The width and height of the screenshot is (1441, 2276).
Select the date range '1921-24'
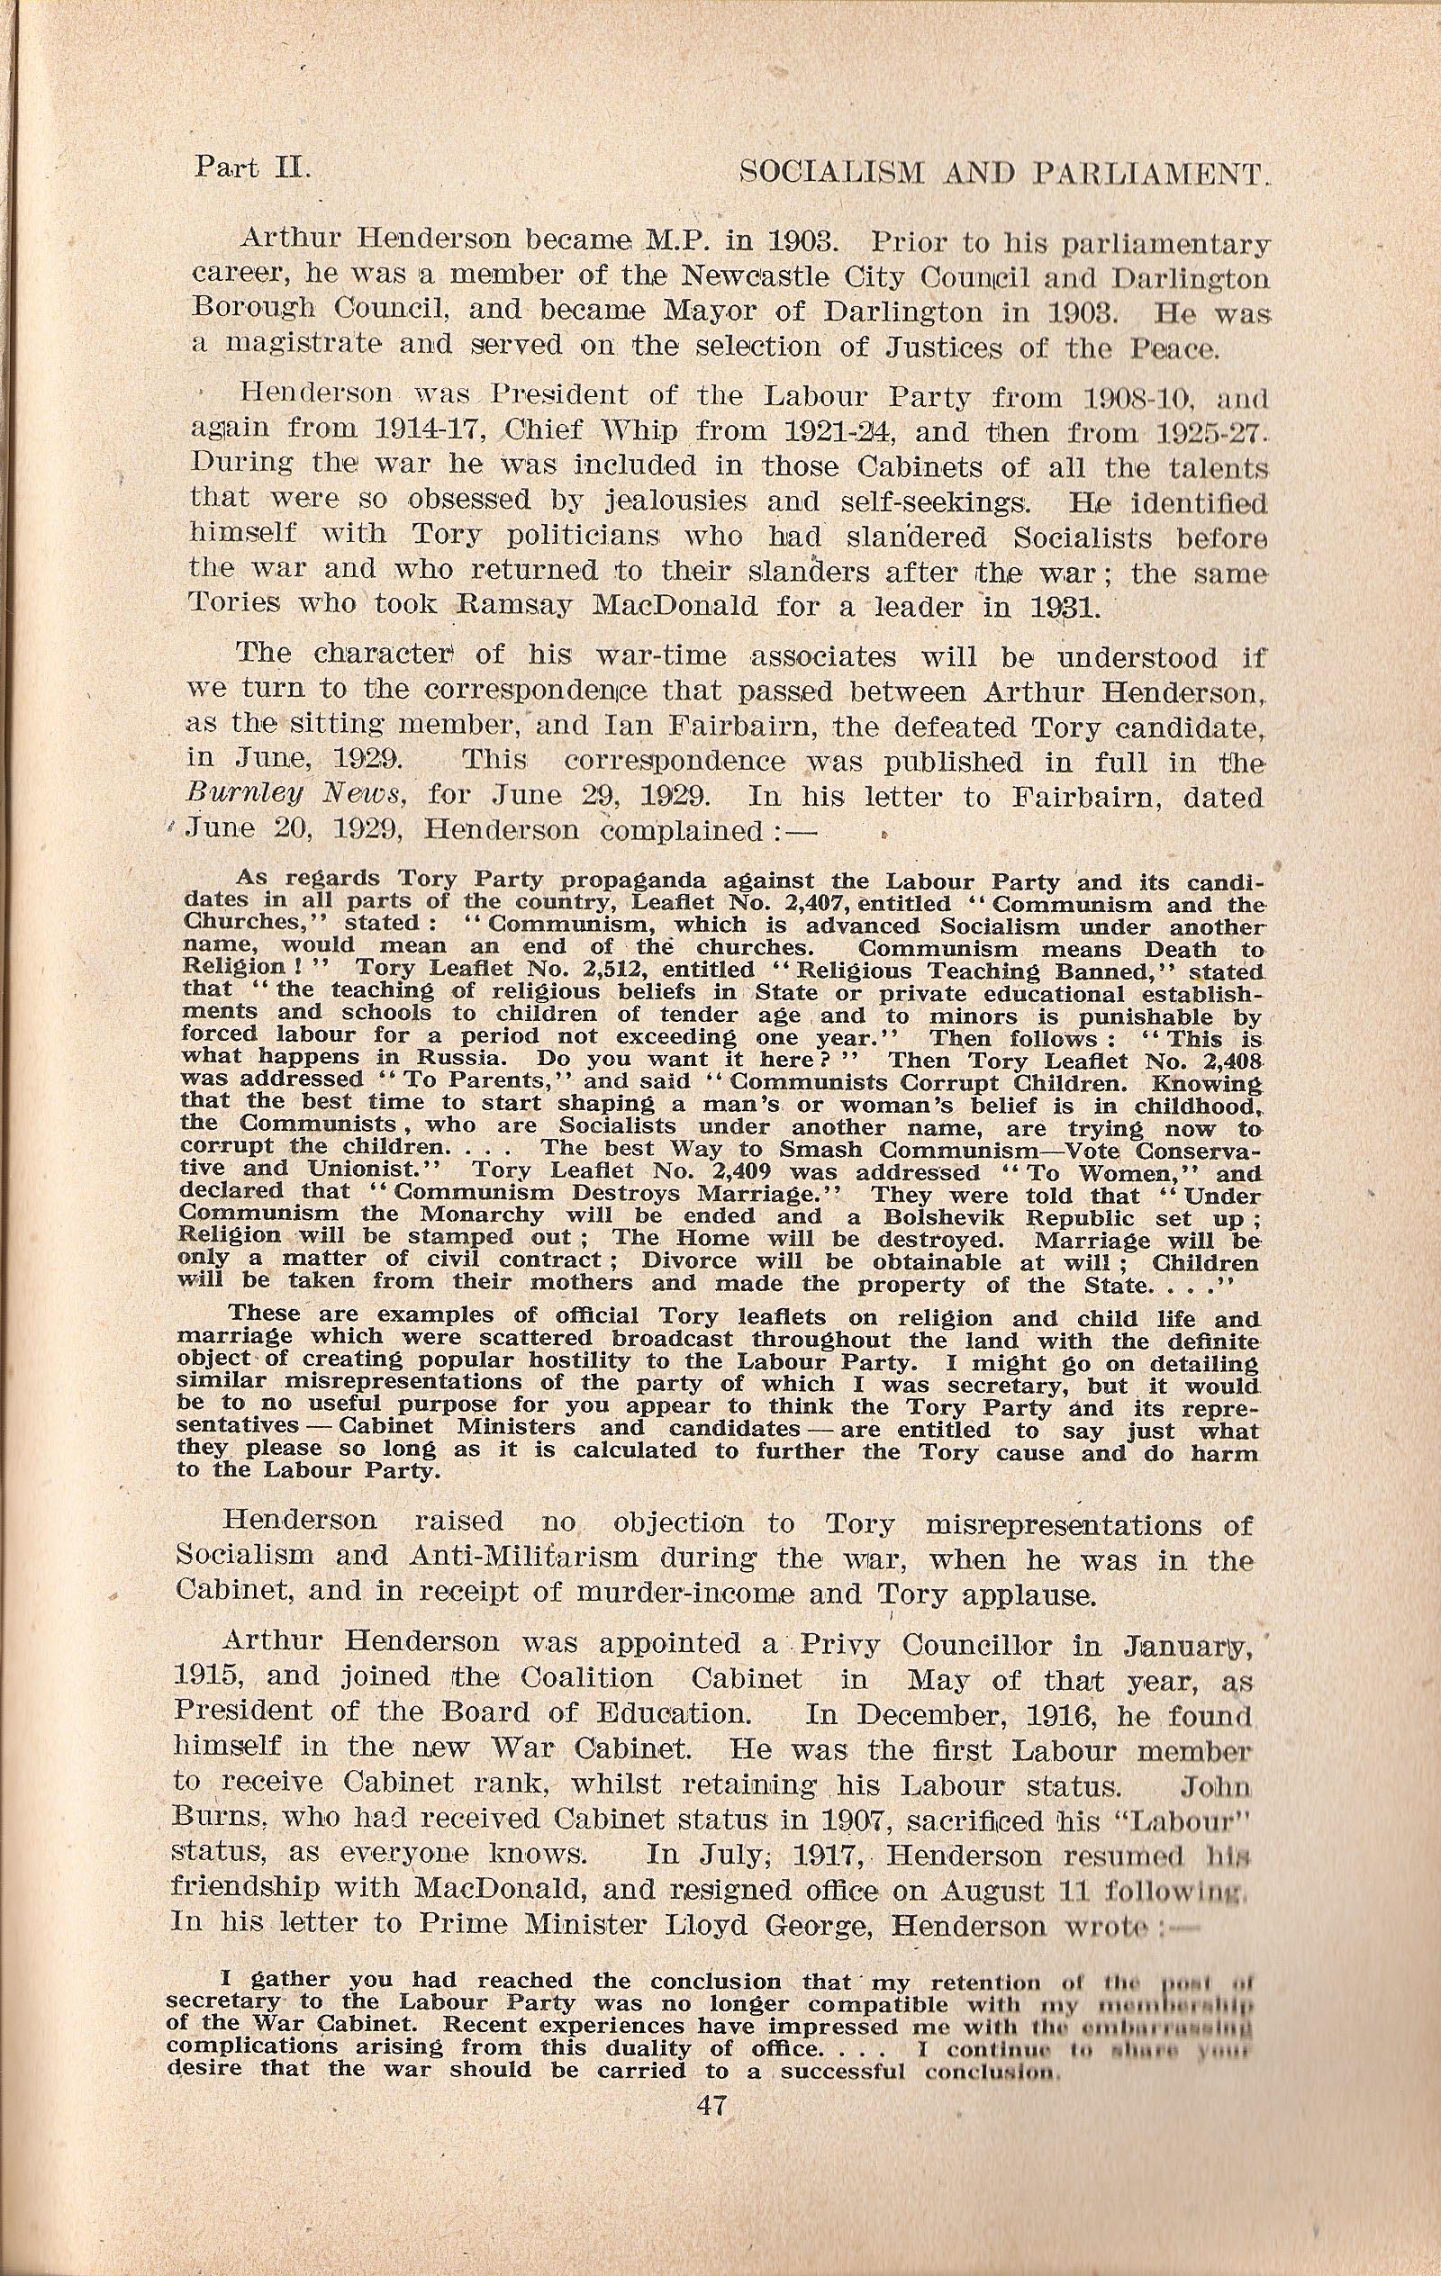tap(810, 432)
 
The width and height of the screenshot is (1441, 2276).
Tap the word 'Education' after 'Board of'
tap(632, 1712)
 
